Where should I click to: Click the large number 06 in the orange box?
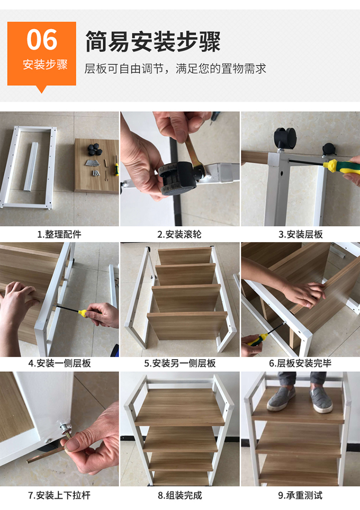42,40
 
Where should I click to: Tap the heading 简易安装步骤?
153,42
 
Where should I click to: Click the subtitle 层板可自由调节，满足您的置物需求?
176,69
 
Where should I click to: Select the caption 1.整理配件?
59,234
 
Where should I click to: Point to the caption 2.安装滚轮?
180,234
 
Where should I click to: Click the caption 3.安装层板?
300,234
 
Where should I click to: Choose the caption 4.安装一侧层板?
59,363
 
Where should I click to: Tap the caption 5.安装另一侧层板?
180,363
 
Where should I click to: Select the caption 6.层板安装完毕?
300,363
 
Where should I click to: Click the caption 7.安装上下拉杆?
59,495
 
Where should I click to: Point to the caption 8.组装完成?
180,495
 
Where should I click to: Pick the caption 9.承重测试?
300,495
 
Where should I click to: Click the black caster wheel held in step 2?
178,178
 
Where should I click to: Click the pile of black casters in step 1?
95,150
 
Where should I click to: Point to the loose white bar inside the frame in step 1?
31,166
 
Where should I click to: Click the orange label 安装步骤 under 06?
45,65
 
